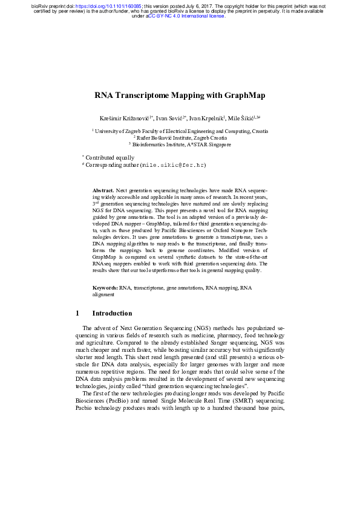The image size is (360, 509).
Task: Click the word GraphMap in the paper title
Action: [x=240, y=96]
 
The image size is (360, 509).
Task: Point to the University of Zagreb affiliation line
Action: [x=181, y=131]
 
